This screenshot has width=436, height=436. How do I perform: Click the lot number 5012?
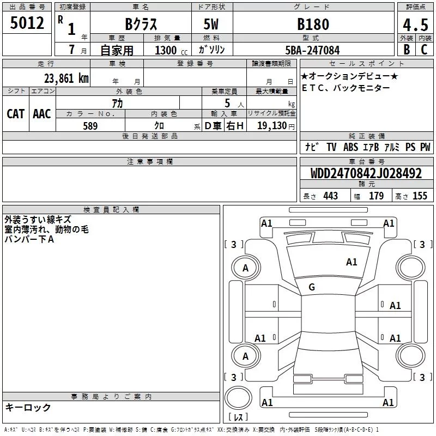[27, 23]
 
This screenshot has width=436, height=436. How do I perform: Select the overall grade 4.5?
[415, 25]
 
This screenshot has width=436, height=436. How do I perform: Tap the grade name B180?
[313, 24]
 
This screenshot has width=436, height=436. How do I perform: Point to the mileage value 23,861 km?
[66, 78]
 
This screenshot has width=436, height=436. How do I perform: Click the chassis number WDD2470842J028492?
[366, 173]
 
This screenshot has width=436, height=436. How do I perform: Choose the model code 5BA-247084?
[312, 50]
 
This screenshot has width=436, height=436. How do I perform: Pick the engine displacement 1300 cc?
[171, 50]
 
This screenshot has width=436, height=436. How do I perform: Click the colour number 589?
[90, 126]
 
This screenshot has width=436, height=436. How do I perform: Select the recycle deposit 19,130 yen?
[276, 126]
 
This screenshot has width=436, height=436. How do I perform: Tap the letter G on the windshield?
[312, 287]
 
